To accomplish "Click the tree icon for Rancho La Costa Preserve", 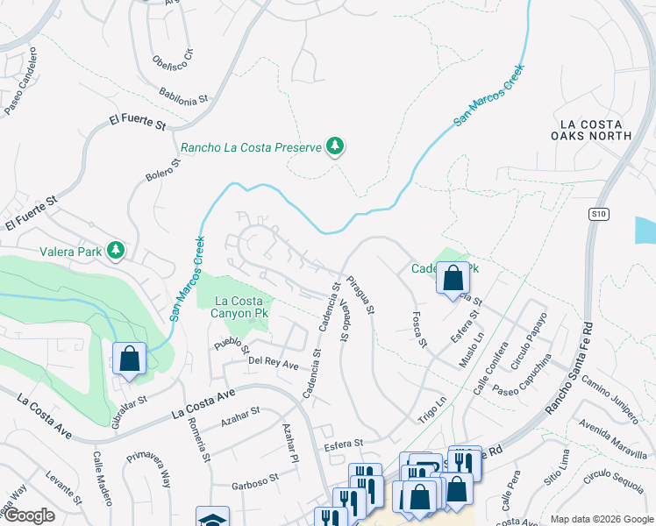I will click(334, 146).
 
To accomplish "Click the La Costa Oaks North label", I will click(591, 129).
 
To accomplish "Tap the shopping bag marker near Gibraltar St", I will click(129, 359).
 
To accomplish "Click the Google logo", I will click(28, 516).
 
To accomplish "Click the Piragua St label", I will click(360, 296).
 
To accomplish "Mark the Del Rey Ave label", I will click(274, 362).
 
